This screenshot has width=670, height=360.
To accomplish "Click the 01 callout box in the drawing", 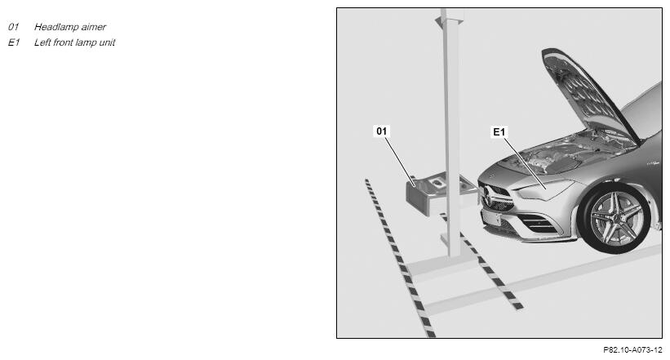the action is coord(382,131).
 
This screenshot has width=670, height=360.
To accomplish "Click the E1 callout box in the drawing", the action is coord(499,132).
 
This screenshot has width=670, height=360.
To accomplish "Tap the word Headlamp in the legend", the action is coord(52,27).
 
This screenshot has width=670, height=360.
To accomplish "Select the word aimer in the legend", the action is coord(93,27).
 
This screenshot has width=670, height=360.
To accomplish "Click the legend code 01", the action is coord(13,27).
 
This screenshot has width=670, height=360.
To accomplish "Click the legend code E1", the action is coord(14,42).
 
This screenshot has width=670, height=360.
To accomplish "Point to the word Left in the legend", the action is coord(42,42).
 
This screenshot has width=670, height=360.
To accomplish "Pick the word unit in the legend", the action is coord(107,42).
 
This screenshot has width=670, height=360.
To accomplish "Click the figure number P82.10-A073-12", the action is coord(632,349).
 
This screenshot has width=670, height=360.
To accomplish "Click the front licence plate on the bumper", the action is coord(492,218).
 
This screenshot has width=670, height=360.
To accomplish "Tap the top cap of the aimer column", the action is coord(449,20).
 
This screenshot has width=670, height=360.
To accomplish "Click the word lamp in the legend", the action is coord(87,42).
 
